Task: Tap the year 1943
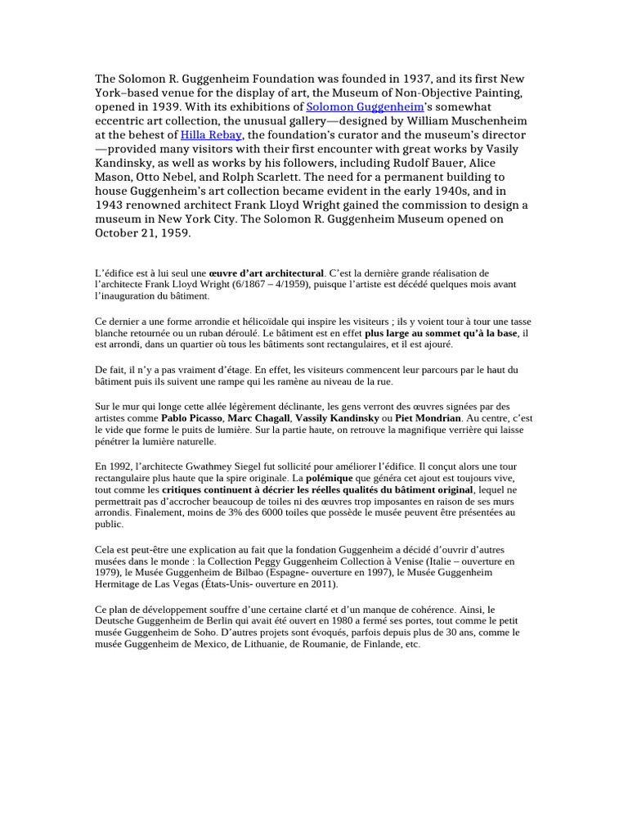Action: pyautogui.click(x=112, y=205)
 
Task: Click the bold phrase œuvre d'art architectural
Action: pyautogui.click(x=266, y=273)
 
